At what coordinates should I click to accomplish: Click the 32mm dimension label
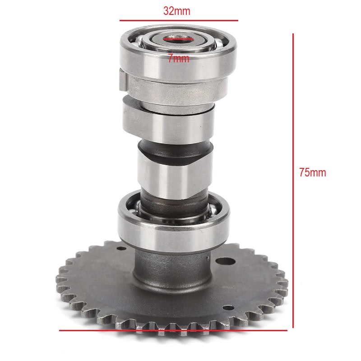pos(177,11)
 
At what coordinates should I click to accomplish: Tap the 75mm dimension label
pos(312,172)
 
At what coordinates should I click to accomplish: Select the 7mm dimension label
pos(178,59)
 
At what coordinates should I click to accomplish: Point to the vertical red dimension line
pos(293,181)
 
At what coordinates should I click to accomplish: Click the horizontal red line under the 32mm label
pos(179,20)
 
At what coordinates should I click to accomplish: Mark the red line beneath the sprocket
pos(173,330)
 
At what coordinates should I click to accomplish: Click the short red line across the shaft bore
pos(178,39)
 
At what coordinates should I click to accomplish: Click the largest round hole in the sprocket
pos(225,261)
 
